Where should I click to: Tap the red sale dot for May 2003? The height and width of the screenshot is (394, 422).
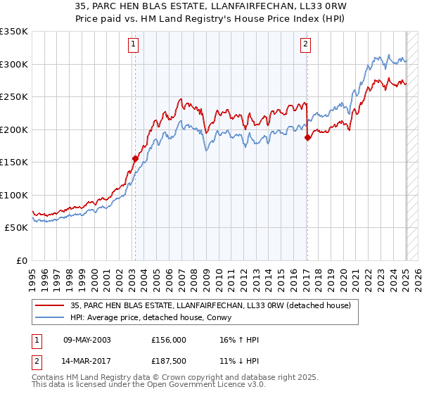(x=135, y=158)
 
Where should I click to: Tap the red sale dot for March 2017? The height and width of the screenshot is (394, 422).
(x=307, y=138)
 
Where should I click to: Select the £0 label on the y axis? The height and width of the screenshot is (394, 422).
(x=23, y=260)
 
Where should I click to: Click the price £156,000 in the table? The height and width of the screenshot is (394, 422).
(x=168, y=340)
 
